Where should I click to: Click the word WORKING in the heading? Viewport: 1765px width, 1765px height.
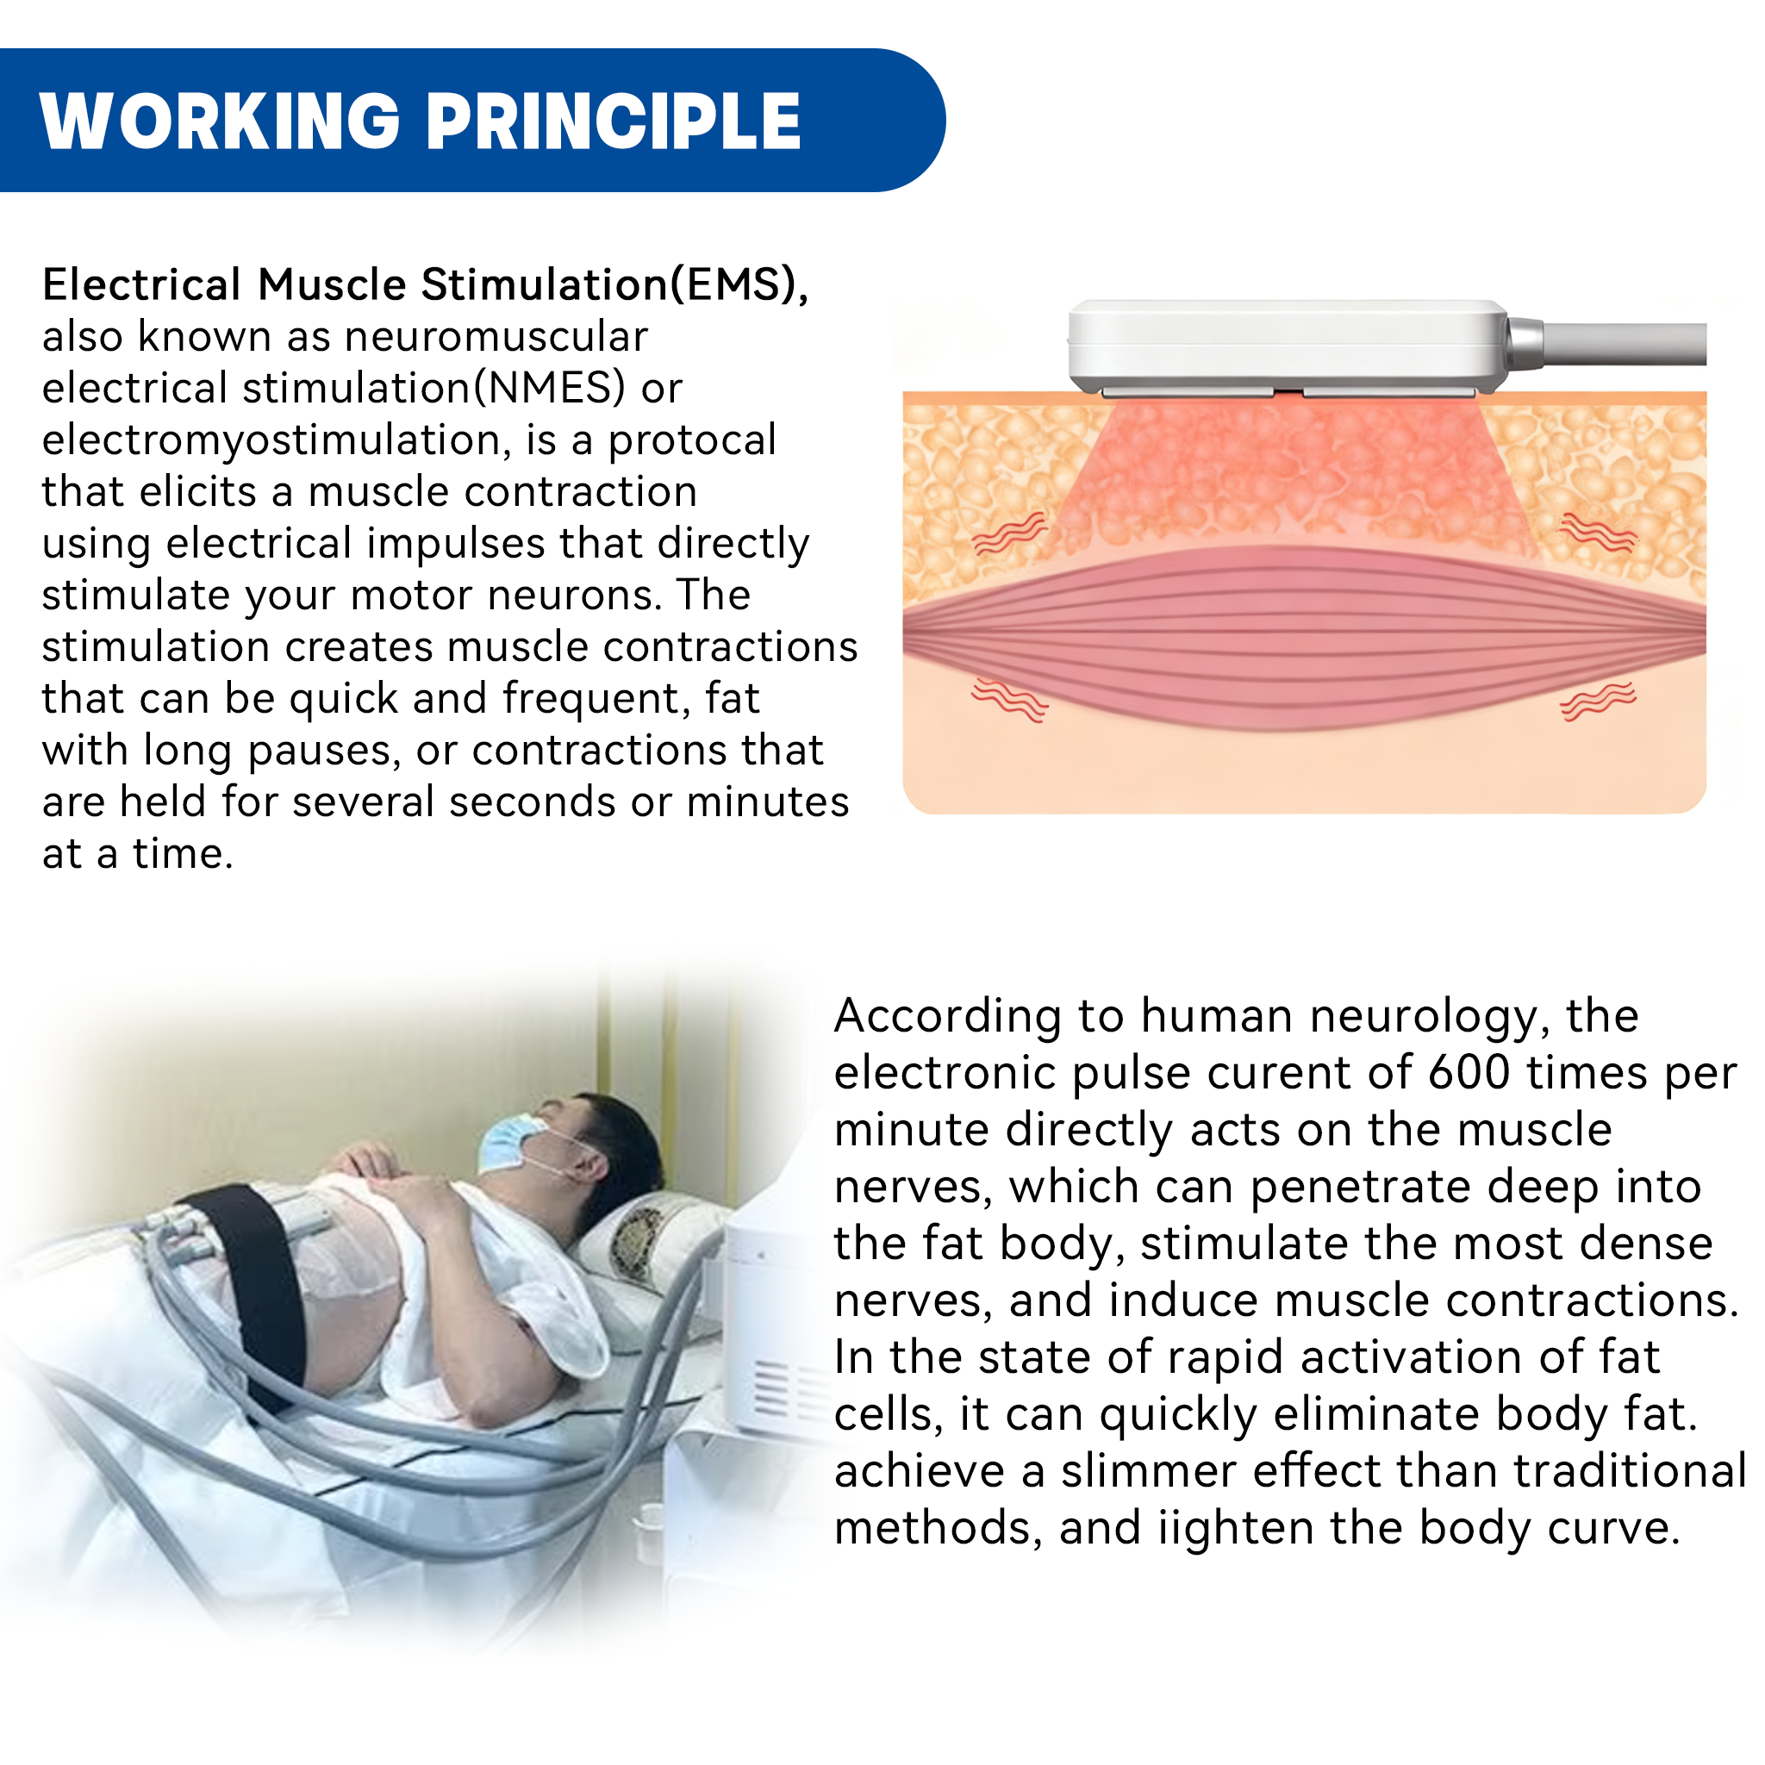pyautogui.click(x=220, y=121)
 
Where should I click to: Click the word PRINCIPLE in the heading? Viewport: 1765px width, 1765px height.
pyautogui.click(x=614, y=121)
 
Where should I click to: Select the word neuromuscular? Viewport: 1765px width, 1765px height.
pyautogui.click(x=496, y=336)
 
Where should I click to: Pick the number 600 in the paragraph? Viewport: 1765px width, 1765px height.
pyautogui.click(x=1469, y=1072)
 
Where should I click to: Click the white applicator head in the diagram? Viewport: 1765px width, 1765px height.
pyautogui.click(x=1288, y=346)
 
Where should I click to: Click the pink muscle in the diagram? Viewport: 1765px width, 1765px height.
pyautogui.click(x=1304, y=639)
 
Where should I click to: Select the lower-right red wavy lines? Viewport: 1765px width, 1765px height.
pyautogui.click(x=1598, y=701)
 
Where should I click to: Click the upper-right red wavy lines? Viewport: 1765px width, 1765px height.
pyautogui.click(x=1598, y=533)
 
